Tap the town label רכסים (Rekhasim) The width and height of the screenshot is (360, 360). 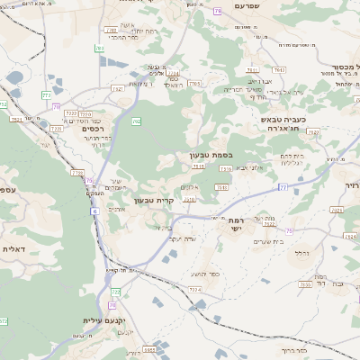pyautogui.click(x=92, y=129)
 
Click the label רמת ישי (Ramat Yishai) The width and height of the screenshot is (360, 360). pyautogui.click(x=238, y=226)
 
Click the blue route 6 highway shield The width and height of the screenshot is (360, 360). pyautogui.click(x=93, y=211)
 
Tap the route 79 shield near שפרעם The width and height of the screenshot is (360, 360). pyautogui.click(x=218, y=11)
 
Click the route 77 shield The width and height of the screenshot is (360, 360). pyautogui.click(x=283, y=187)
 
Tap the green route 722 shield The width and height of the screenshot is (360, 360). pyautogui.click(x=115, y=292)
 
